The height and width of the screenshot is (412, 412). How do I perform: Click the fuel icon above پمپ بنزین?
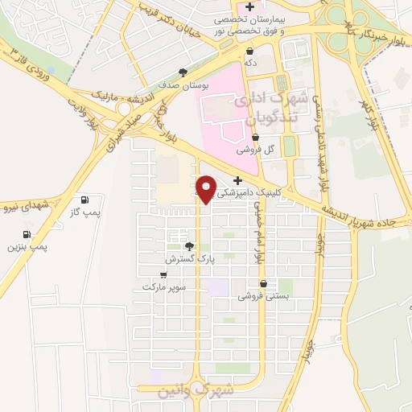pyautogui.click(x=28, y=235)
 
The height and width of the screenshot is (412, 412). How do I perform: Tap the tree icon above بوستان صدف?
pyautogui.click(x=184, y=72)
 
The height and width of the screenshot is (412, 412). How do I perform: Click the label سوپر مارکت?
pyautogui.click(x=164, y=286)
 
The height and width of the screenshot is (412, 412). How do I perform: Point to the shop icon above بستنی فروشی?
pyautogui.click(x=263, y=283)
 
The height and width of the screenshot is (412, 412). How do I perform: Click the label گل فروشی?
pyautogui.click(x=256, y=149)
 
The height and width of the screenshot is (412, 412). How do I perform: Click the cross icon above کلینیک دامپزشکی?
pyautogui.click(x=237, y=180)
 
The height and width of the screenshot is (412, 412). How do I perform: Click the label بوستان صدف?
pyautogui.click(x=191, y=84)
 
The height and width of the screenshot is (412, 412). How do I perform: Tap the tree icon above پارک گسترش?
pyautogui.click(x=189, y=246)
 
